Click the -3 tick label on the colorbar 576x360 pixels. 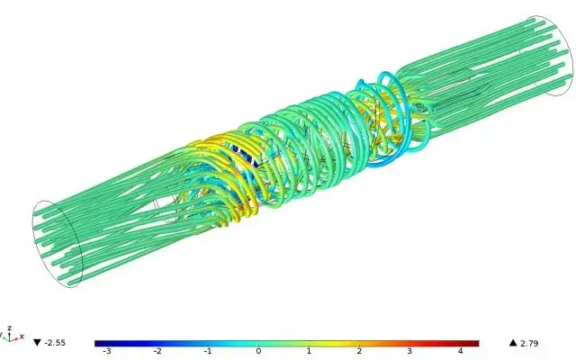107,351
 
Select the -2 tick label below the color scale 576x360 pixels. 157,351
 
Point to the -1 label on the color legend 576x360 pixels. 208,351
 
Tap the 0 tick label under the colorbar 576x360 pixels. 258,351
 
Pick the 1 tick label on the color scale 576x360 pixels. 309,351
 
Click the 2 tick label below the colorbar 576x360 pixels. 359,351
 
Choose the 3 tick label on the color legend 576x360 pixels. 409,351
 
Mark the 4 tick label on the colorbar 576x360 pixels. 460,351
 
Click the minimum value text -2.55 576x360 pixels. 55,343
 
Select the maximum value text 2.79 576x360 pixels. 529,344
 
